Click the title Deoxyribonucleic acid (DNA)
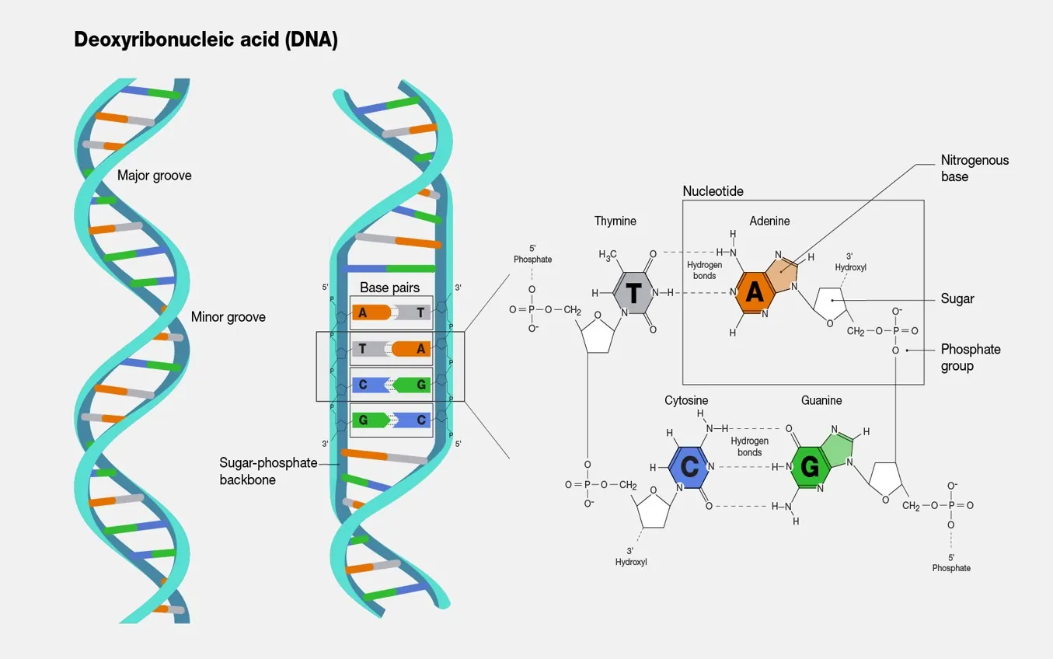point(206,40)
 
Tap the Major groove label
point(154,176)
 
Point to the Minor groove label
point(228,317)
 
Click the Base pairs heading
point(389,288)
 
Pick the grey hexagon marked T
point(633,293)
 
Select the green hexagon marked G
point(810,466)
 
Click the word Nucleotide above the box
point(713,191)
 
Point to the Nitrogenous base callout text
point(975,168)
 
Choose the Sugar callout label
point(957,299)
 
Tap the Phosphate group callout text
point(971,357)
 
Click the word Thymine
point(615,221)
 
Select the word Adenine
point(769,221)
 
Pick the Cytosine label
point(686,401)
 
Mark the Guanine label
point(821,401)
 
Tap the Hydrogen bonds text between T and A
point(705,270)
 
